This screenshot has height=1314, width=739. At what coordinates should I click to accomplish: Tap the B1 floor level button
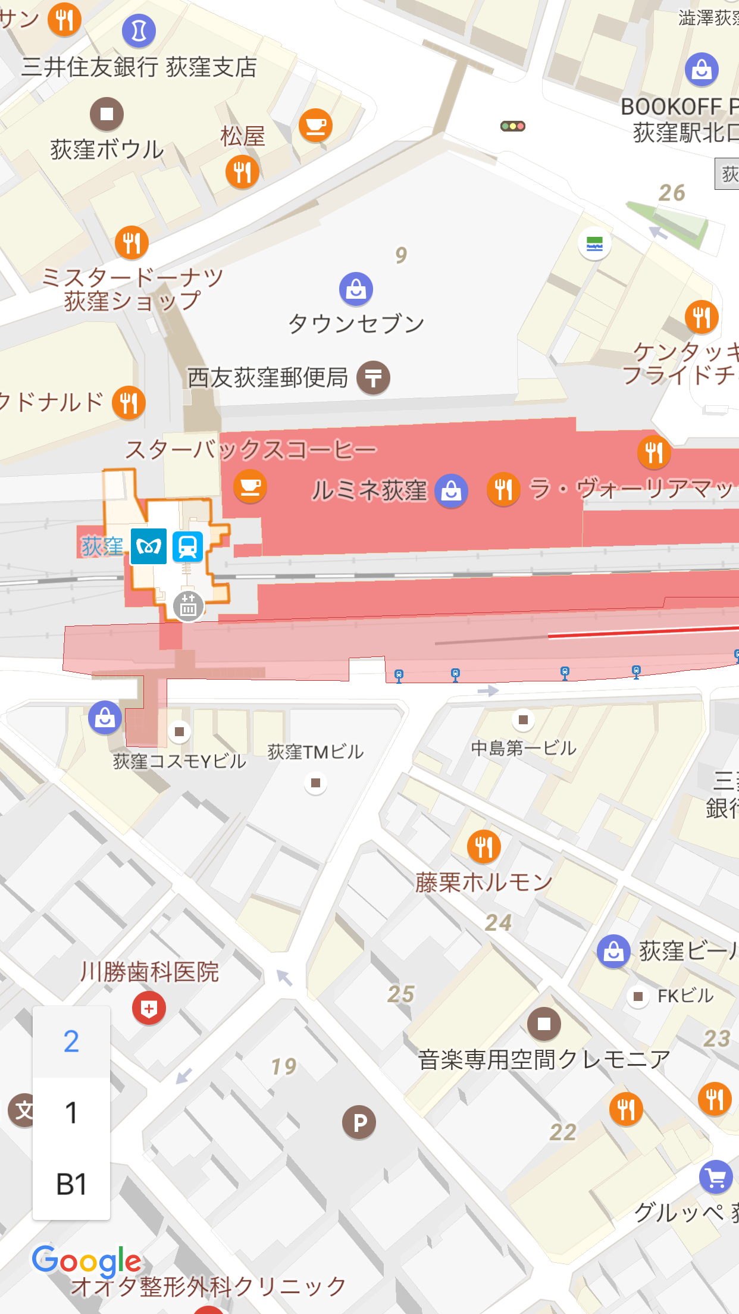pos(71,1184)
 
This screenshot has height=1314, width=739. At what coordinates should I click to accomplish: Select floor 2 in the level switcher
pos(71,1041)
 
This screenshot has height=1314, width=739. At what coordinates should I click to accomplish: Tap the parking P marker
pos(359,1122)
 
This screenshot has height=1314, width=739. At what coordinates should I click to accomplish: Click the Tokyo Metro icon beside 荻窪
pos(148,546)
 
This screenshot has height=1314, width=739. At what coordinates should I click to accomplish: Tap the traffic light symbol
pos(512,126)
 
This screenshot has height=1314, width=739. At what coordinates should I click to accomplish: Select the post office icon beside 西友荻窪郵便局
pos(373,377)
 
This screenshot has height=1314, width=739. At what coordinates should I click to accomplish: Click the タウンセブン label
pos(356,324)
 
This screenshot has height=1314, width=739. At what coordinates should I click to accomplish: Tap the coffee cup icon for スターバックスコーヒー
pos(250,486)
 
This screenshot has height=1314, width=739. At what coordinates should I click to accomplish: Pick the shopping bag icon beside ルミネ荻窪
pos(451,491)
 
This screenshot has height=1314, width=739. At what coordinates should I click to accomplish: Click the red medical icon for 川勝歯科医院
pos(149,1008)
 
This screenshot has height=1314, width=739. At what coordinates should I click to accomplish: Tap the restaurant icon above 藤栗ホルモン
pos(484,846)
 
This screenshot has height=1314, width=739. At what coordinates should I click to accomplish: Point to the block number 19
pos(283,1066)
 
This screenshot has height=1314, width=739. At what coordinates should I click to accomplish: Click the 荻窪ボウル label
pos(107,149)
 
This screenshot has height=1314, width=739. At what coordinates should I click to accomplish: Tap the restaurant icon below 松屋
pos(242,172)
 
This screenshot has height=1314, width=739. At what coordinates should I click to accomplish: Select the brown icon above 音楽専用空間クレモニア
pos(544,1024)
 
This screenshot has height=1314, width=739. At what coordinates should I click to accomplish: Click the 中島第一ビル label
pos(523,748)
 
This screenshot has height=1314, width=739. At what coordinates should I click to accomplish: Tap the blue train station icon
pos(187,546)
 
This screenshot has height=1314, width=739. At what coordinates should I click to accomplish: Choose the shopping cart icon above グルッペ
pos(716,1177)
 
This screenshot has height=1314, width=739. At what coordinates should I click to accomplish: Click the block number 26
pos(671,193)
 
